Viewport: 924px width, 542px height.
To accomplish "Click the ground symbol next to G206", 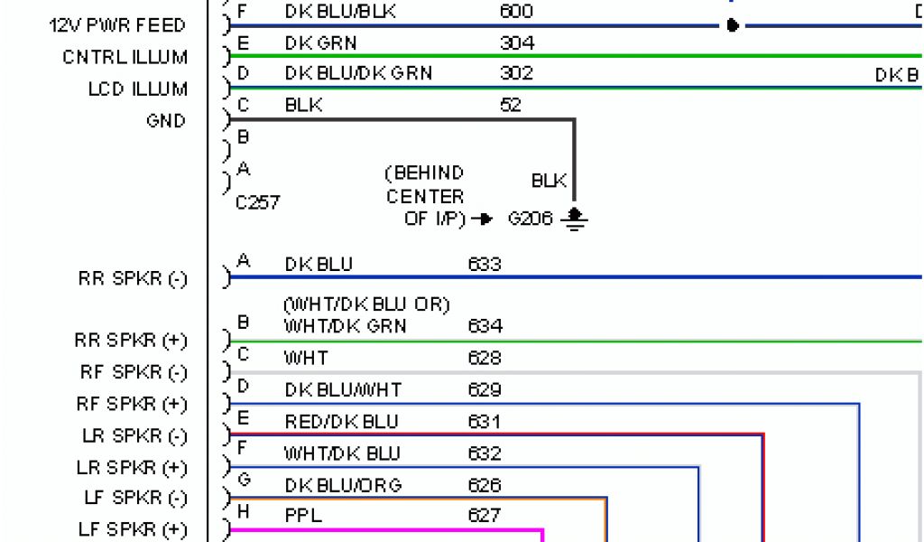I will [574, 218].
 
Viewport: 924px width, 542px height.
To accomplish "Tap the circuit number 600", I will [516, 12].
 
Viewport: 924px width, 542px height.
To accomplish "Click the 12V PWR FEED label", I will [117, 25].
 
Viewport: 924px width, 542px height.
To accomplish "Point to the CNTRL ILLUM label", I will [125, 57].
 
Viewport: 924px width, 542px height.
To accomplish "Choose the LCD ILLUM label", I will [137, 89].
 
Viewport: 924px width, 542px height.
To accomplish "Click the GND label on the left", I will [165, 120].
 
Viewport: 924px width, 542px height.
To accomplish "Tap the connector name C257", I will [257, 203].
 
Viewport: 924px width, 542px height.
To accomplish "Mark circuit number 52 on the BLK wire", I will [512, 105].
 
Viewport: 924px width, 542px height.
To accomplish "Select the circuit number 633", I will [485, 265].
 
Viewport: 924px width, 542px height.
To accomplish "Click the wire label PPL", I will [303, 516].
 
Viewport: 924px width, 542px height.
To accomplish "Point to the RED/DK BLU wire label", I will [340, 422].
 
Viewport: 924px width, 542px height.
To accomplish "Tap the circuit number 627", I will [485, 516].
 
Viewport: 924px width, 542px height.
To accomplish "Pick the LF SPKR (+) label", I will [133, 529].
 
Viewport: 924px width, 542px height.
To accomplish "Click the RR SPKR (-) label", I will [133, 279].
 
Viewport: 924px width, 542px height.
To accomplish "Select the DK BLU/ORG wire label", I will [343, 485].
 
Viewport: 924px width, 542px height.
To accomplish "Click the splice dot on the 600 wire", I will [733, 25].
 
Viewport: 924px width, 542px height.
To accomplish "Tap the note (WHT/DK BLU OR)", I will [366, 305].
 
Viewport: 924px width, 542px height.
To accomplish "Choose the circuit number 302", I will [516, 73].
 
